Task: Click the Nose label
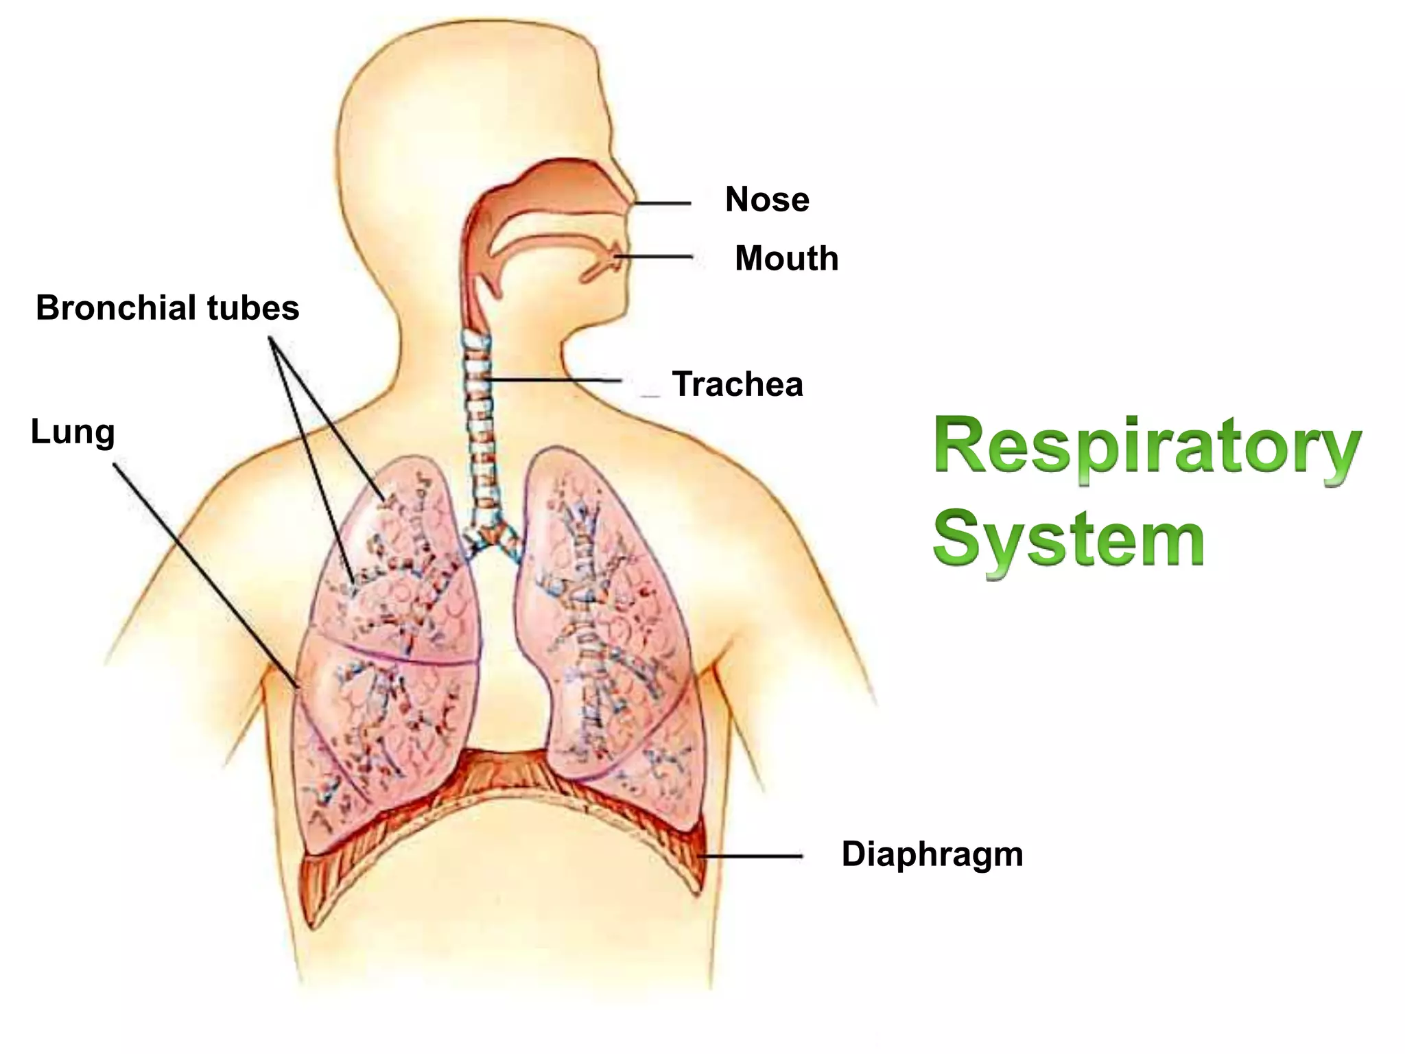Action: pos(767,200)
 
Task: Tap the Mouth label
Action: pos(786,259)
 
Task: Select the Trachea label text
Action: pos(737,384)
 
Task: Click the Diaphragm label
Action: pos(932,855)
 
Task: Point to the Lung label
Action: pos(73,433)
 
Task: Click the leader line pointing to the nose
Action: pos(662,203)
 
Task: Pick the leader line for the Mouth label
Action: pos(655,257)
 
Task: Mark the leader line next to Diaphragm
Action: pos(751,856)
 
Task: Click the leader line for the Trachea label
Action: pos(556,379)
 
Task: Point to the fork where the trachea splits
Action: pos(490,536)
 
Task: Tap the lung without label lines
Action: pos(604,618)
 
